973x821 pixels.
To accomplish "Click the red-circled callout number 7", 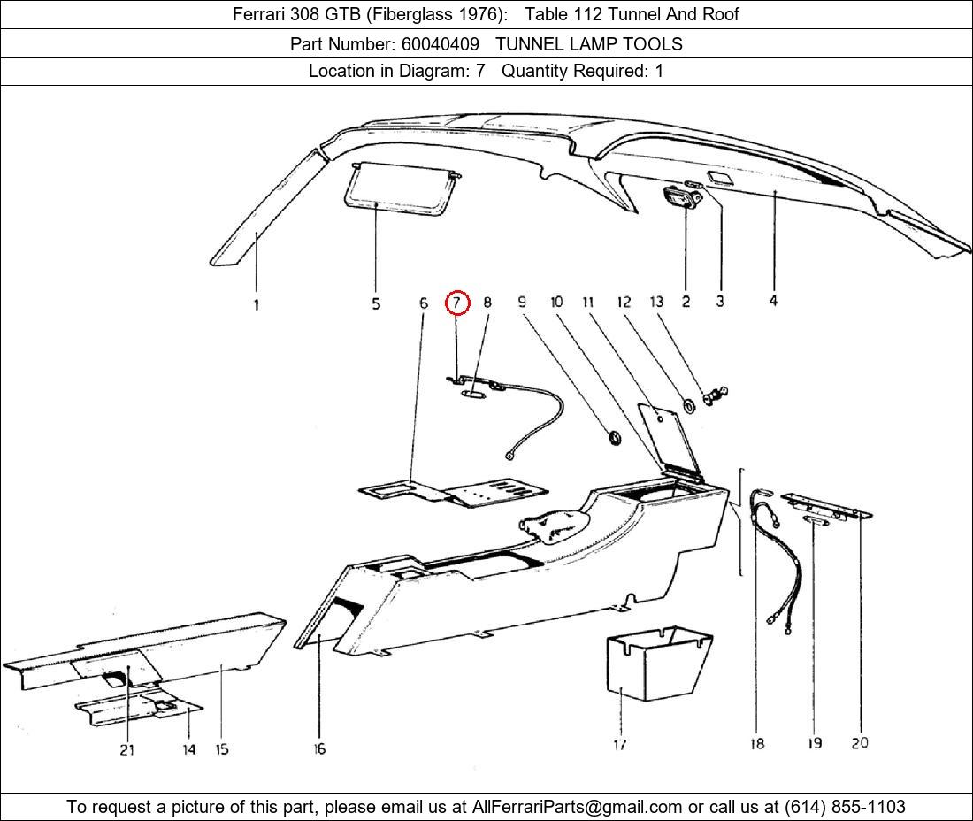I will pyautogui.click(x=456, y=303).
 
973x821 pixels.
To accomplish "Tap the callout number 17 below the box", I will pyautogui.click(x=620, y=745).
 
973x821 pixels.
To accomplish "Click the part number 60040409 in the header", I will pyautogui.click(x=440, y=43).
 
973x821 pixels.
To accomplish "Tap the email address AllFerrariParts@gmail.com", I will pyautogui.click(x=578, y=807).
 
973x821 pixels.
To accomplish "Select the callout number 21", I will pyautogui.click(x=127, y=749).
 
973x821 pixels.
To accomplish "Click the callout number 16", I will pyautogui.click(x=319, y=749).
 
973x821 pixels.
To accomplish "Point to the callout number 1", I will pyautogui.click(x=257, y=305).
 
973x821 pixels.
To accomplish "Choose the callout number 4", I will pyautogui.click(x=773, y=302).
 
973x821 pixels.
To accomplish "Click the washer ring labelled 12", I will pyautogui.click(x=686, y=406).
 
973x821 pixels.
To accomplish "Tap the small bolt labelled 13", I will pyautogui.click(x=715, y=395).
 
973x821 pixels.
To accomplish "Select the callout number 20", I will pyautogui.click(x=860, y=743).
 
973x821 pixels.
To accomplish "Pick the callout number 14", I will pyautogui.click(x=189, y=749).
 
